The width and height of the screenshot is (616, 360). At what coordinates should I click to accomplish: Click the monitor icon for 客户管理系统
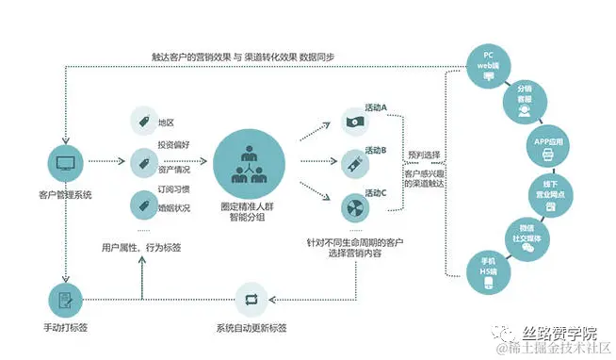tap(65, 162)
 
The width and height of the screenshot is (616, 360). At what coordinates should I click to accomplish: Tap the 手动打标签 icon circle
tap(65, 300)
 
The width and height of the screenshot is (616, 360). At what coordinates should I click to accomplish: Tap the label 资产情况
tap(174, 171)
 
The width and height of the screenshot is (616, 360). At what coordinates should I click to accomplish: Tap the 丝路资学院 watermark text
tap(561, 333)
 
